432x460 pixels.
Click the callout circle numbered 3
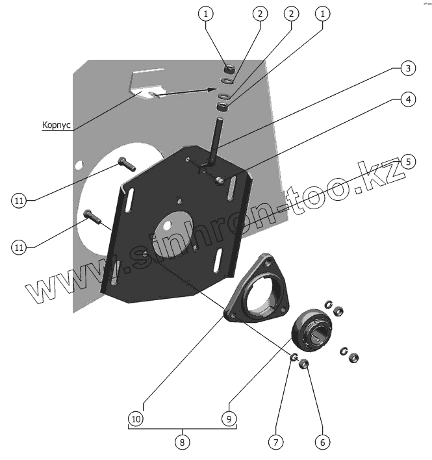pos(405,68)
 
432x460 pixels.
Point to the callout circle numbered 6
pos(321,441)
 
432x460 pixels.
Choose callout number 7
pos(275,441)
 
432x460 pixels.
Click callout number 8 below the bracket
pos(183,442)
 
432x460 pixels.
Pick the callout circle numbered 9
pos(229,418)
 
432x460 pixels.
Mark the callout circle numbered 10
pos(136,418)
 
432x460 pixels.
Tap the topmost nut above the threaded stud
pos(229,68)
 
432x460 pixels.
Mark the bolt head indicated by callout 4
pos(222,179)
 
